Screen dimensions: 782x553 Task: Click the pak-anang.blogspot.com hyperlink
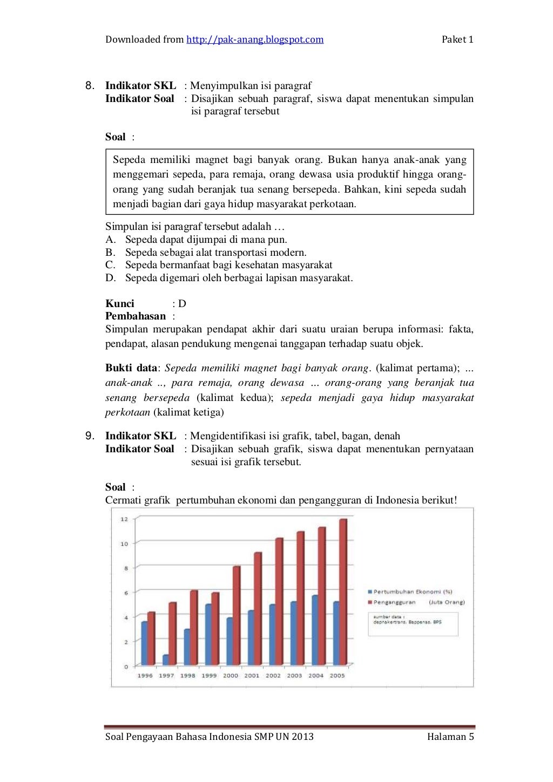coord(255,39)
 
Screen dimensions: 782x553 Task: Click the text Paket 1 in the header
coord(457,39)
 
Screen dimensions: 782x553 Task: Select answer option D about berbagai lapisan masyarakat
coord(239,278)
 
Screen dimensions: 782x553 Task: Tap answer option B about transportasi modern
coord(215,253)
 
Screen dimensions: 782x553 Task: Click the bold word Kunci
coord(120,303)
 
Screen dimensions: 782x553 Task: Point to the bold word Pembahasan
coord(136,316)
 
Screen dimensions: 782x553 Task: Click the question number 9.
coord(90,436)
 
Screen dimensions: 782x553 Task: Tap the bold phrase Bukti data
coord(131,368)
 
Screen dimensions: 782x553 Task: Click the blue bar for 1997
coord(166,659)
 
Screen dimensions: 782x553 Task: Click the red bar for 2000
coord(237,615)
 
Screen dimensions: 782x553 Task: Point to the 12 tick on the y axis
coord(124,519)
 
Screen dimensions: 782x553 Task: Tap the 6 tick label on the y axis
coord(126,593)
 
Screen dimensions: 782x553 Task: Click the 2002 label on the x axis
coord(273,676)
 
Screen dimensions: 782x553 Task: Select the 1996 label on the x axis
coord(145,676)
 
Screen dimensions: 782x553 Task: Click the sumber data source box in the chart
coord(413,624)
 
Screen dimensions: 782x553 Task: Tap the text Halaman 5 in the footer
coord(450,737)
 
